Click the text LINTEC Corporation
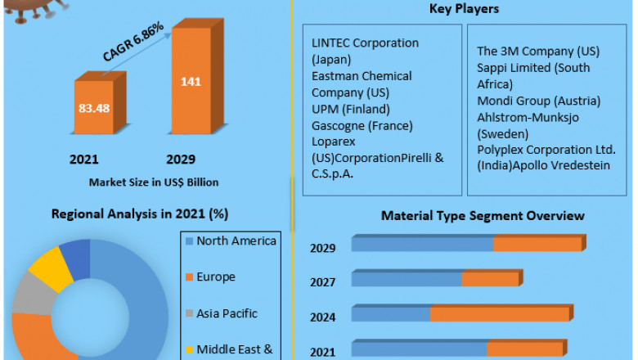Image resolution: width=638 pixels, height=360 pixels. [365, 43]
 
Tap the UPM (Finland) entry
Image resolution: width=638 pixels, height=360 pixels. [351, 108]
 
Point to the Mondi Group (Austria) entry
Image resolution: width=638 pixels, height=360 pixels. [539, 101]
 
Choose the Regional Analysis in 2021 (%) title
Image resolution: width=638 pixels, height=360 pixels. [140, 214]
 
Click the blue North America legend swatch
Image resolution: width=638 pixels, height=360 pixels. [189, 241]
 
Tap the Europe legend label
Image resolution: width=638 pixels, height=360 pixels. [216, 277]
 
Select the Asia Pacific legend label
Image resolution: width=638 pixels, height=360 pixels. [227, 313]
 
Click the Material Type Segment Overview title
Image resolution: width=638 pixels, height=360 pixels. [483, 216]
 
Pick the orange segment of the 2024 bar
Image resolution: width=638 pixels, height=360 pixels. [500, 313]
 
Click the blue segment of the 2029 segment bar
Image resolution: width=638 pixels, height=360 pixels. [422, 244]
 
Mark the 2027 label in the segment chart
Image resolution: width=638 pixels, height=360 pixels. [322, 282]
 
